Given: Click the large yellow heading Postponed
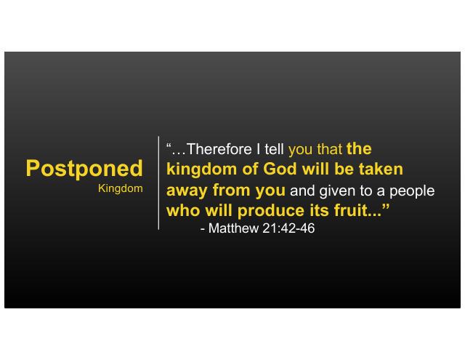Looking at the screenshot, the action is [84, 169].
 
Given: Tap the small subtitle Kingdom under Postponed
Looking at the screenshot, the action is [121, 189].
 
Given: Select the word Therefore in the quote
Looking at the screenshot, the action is [219, 148].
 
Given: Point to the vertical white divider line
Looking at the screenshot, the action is [158, 183].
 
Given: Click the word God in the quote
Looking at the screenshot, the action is [280, 169].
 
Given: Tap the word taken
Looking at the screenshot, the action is [381, 169].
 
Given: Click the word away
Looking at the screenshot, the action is [187, 191].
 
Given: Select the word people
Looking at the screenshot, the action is [412, 191].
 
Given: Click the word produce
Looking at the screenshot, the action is [271, 212].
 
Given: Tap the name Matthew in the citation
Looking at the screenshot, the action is [233, 228].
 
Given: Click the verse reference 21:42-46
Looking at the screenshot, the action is [288, 228].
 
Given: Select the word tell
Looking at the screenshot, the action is [275, 148].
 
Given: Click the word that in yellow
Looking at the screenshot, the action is [329, 148].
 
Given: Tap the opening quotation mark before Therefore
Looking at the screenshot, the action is [169, 145].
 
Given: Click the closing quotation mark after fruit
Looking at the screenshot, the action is [386, 207].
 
